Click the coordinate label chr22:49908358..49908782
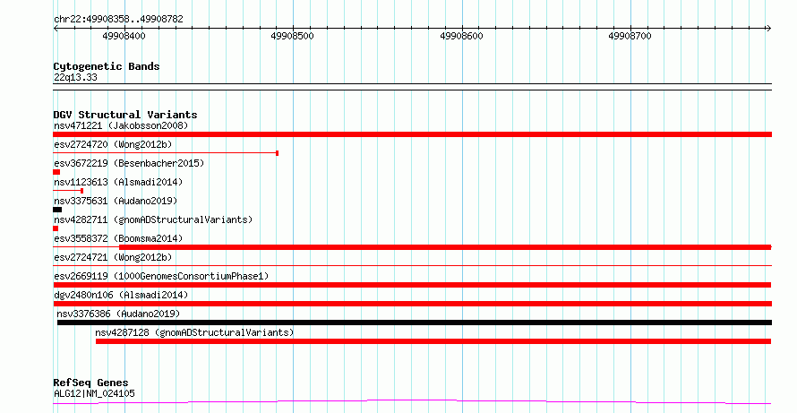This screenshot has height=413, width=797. (x=118, y=20)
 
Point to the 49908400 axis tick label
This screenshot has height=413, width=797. (x=124, y=36)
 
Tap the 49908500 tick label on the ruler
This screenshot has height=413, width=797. (x=293, y=36)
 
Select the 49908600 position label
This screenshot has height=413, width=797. (x=461, y=36)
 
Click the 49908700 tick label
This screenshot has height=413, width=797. (x=630, y=36)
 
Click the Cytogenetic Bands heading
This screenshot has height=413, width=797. (x=107, y=66)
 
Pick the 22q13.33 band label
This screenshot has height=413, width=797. (x=75, y=78)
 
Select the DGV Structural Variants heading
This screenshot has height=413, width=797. (x=125, y=115)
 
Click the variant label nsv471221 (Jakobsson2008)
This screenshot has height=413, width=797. (x=121, y=125)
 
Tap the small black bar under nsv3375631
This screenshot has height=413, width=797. (x=57, y=210)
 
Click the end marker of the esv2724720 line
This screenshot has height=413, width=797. (x=277, y=153)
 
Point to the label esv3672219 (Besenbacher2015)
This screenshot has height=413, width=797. (x=129, y=163)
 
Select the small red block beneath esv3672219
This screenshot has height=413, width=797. (x=56, y=172)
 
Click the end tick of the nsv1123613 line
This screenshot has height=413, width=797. (x=81, y=191)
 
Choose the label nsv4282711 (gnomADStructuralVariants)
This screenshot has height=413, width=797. (x=153, y=219)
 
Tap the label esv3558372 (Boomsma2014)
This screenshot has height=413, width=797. (x=118, y=238)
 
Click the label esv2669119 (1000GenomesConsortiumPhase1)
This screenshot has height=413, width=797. (x=161, y=276)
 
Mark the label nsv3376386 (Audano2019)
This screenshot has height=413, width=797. (x=118, y=314)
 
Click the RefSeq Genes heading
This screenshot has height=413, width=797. (x=91, y=383)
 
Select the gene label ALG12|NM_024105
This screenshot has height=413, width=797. (x=95, y=393)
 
